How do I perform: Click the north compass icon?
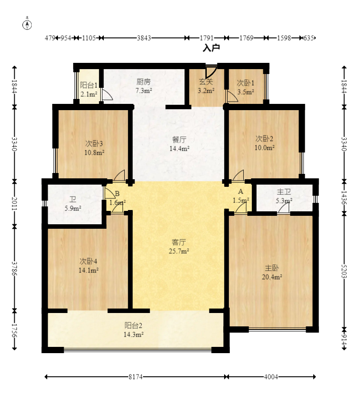27,24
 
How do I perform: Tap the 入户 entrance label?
211,48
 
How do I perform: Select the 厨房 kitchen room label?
143,82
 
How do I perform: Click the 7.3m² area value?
143,91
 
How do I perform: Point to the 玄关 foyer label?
206,82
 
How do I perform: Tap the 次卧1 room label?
245,83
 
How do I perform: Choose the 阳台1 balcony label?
89,85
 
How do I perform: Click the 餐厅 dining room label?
179,140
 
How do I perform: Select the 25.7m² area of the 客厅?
179,251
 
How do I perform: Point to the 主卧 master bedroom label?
272,268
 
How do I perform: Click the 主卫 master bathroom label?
284,192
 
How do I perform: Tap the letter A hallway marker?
241,192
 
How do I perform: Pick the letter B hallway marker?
117,194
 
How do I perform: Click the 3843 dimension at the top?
144,38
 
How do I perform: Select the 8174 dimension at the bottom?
136,377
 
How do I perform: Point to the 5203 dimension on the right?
344,271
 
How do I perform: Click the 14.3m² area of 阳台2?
134,334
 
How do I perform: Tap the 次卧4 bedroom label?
88,261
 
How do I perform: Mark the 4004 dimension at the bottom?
271,377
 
